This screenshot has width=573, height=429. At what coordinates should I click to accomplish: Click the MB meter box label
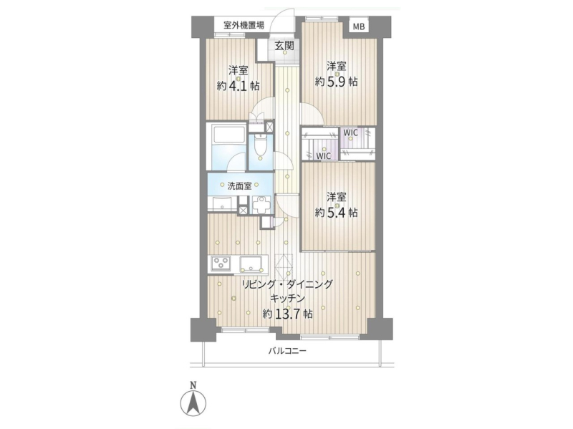tap(359, 26)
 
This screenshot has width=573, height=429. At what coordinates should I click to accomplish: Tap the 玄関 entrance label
tap(284, 46)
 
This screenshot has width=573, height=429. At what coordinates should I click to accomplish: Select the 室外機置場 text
tap(244, 25)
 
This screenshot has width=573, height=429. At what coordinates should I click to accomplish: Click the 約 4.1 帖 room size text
tap(239, 86)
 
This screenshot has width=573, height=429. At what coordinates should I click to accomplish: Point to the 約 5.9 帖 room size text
tap(336, 82)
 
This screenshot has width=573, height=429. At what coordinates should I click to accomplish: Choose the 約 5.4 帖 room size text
tap(336, 212)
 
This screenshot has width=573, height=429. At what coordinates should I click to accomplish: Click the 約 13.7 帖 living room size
tap(288, 314)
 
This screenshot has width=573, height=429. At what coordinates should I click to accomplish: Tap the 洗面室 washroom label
tap(240, 186)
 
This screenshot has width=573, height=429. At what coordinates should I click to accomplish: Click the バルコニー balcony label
tap(287, 351)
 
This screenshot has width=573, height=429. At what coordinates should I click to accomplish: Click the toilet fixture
tap(260, 147)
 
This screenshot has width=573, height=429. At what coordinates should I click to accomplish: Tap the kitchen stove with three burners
tap(221, 263)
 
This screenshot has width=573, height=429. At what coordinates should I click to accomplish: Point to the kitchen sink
tap(251, 264)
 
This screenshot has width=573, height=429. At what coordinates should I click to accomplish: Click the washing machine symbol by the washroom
tap(261, 205)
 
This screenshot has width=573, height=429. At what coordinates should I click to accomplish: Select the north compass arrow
tap(193, 403)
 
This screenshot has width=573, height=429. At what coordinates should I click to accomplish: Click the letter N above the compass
tap(193, 385)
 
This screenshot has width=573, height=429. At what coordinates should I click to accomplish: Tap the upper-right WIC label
tap(350, 132)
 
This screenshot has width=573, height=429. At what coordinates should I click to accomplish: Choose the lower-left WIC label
tap(324, 156)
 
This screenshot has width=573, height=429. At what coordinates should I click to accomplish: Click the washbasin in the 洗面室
tap(222, 203)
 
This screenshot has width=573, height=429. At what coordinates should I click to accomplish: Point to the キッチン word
tap(288, 299)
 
